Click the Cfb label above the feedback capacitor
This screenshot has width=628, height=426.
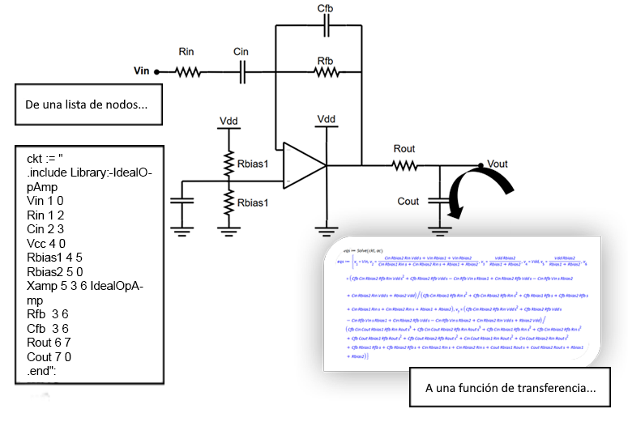click(x=325, y=8)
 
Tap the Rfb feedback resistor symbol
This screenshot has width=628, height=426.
click(x=327, y=71)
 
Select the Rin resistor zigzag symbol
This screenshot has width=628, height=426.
click(x=187, y=71)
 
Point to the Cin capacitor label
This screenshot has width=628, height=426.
click(x=241, y=52)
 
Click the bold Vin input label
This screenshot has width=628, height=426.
click(x=143, y=71)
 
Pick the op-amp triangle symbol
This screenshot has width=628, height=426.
click(x=304, y=165)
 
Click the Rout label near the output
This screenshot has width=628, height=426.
click(x=404, y=148)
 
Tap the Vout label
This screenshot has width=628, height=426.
click(x=497, y=163)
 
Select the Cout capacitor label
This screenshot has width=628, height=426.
click(x=408, y=201)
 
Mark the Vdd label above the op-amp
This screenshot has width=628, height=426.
click(x=326, y=120)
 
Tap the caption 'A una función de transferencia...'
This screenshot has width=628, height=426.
click(x=510, y=388)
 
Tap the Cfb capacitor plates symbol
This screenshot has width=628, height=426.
click(x=326, y=28)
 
